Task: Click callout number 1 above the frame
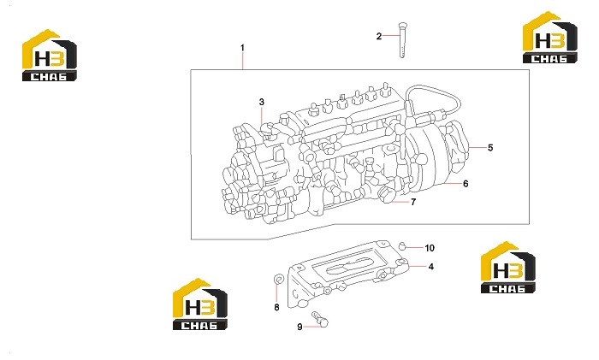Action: click(x=242, y=48)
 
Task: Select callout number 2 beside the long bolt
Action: click(x=378, y=36)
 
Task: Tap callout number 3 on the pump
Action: click(x=261, y=102)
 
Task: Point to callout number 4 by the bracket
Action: click(x=431, y=267)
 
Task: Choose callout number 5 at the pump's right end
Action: click(x=490, y=148)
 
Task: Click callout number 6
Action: click(x=466, y=184)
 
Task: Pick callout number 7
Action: click(x=413, y=202)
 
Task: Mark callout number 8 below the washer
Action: click(x=276, y=307)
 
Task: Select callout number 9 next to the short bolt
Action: click(x=299, y=327)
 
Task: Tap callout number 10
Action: click(x=430, y=248)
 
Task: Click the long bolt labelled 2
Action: click(x=401, y=40)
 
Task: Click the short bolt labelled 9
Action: click(x=320, y=319)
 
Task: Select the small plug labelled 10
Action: click(x=401, y=245)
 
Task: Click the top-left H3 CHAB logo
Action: click(x=50, y=56)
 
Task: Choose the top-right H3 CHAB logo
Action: click(x=549, y=38)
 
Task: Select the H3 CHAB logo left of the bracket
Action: click(x=199, y=304)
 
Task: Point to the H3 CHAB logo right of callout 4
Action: click(x=507, y=268)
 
